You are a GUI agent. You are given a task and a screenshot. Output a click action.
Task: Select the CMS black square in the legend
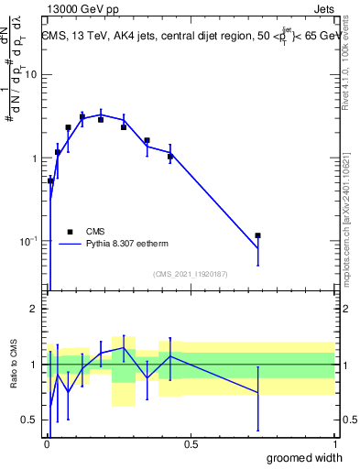[x=70, y=232]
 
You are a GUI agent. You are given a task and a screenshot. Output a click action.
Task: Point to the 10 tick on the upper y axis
[x=29, y=75]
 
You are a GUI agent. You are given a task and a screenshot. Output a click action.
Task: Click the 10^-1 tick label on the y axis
[x=27, y=241]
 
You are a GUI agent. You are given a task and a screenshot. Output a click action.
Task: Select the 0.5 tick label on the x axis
[x=191, y=444]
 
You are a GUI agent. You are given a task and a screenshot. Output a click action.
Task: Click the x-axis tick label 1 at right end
[x=334, y=444]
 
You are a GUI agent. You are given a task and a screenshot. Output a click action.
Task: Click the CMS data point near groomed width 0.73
[x=258, y=235]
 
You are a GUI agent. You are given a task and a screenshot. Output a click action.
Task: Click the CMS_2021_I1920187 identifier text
[x=190, y=274]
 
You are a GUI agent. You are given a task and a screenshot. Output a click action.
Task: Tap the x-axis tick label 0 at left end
[x=47, y=444]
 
